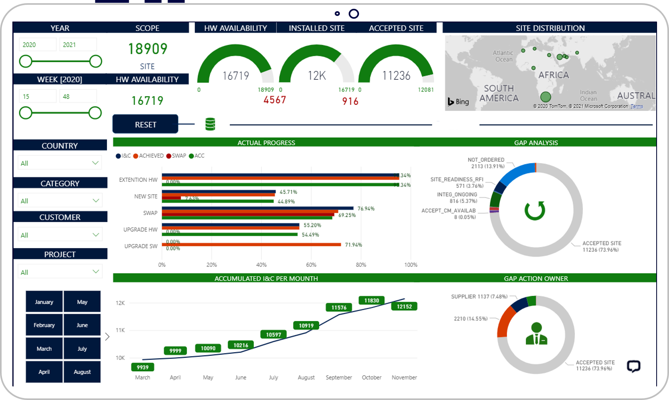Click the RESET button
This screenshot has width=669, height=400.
point(145,124)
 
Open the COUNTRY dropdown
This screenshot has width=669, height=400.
point(60,163)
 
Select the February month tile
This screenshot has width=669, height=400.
point(44,325)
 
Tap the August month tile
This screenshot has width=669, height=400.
point(82,372)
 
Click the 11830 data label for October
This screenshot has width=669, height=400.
point(371,300)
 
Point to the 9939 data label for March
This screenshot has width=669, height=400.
point(142,367)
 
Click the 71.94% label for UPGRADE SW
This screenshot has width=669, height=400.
point(353,245)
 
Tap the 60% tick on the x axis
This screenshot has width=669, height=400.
point(311,265)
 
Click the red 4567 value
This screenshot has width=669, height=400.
point(274,100)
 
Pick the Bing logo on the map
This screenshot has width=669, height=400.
point(458,102)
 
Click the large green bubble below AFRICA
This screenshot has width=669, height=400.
point(545,97)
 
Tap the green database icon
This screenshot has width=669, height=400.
point(210,124)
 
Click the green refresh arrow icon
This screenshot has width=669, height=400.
point(535,210)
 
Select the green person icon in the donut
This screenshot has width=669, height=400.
point(536,334)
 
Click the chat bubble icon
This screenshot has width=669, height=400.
point(633,366)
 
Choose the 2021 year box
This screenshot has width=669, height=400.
point(78,45)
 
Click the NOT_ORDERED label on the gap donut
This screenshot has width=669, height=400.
point(486,160)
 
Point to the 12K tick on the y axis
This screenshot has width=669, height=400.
point(120,303)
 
